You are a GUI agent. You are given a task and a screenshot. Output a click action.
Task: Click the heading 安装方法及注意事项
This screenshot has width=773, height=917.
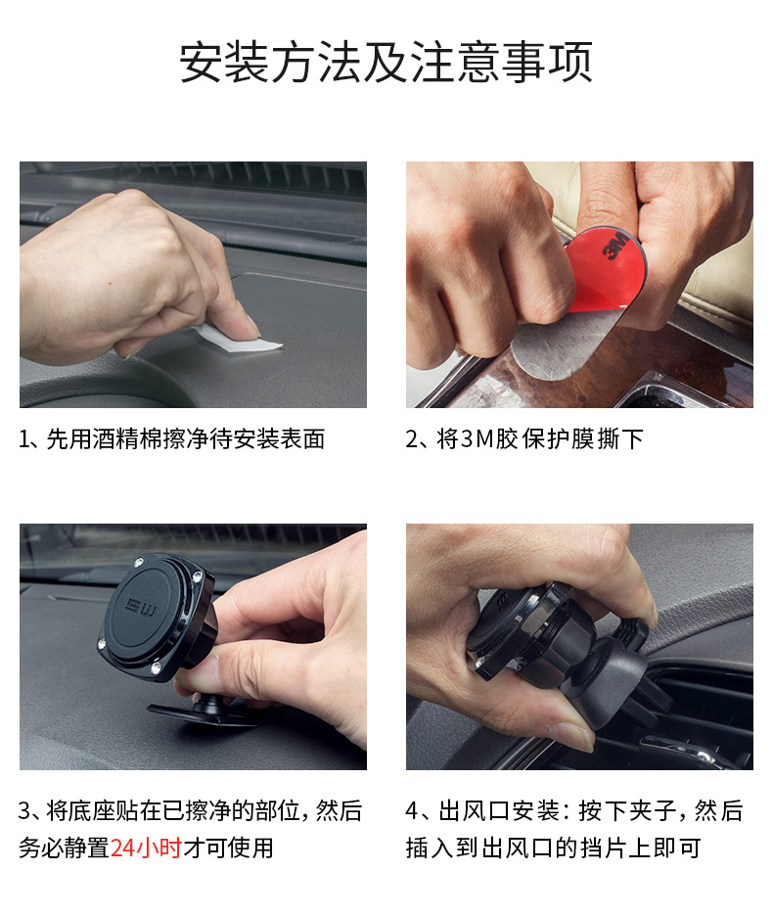coord(386,62)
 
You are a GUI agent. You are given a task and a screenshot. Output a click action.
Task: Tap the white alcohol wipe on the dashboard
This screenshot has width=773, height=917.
coord(241,340)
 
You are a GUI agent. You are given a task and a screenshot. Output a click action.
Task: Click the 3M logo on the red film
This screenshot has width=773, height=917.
coord(615,246)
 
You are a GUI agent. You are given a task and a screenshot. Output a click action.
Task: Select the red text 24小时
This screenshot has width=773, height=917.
coord(146,848)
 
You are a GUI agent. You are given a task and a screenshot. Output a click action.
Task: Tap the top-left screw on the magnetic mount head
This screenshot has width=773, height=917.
coord(139,563)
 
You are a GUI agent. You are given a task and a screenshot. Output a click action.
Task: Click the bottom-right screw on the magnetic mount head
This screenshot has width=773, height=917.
coord(157,667)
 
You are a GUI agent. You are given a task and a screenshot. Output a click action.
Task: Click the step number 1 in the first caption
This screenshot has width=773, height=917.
coord(24,438)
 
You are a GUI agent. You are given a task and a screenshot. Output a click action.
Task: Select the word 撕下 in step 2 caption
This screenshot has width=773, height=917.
coord(620,438)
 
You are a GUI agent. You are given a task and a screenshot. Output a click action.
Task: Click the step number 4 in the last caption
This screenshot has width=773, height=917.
coord(412,811)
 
